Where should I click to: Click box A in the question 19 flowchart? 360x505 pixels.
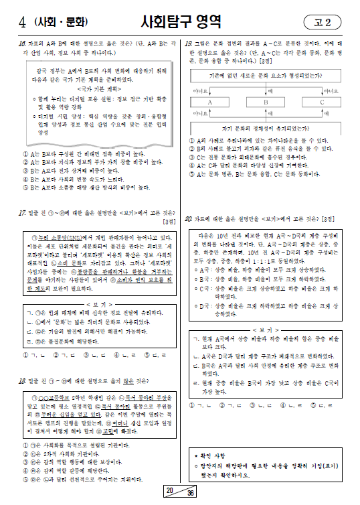209,102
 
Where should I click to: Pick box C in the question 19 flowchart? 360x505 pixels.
322,102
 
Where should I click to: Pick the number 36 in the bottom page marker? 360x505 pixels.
190,494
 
